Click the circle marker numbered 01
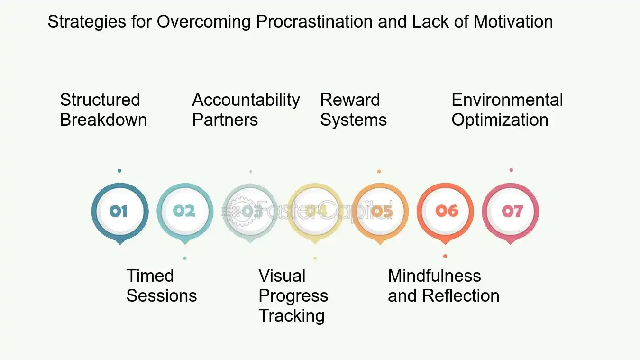point(119,211)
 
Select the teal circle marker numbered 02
point(184,211)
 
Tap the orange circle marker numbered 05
point(380,211)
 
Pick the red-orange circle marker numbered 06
point(445,211)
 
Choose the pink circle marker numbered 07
point(510,211)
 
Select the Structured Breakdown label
point(103,110)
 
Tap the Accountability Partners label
point(246,110)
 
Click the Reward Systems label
point(353,110)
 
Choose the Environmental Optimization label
point(507,110)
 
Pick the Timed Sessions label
point(161,286)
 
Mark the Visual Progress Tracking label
point(293,295)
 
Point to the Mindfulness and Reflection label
point(443,286)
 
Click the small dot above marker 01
point(119,171)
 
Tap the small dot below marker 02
point(184,258)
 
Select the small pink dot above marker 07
point(511,170)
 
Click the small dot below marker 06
point(445,256)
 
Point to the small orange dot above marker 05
point(379,171)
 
